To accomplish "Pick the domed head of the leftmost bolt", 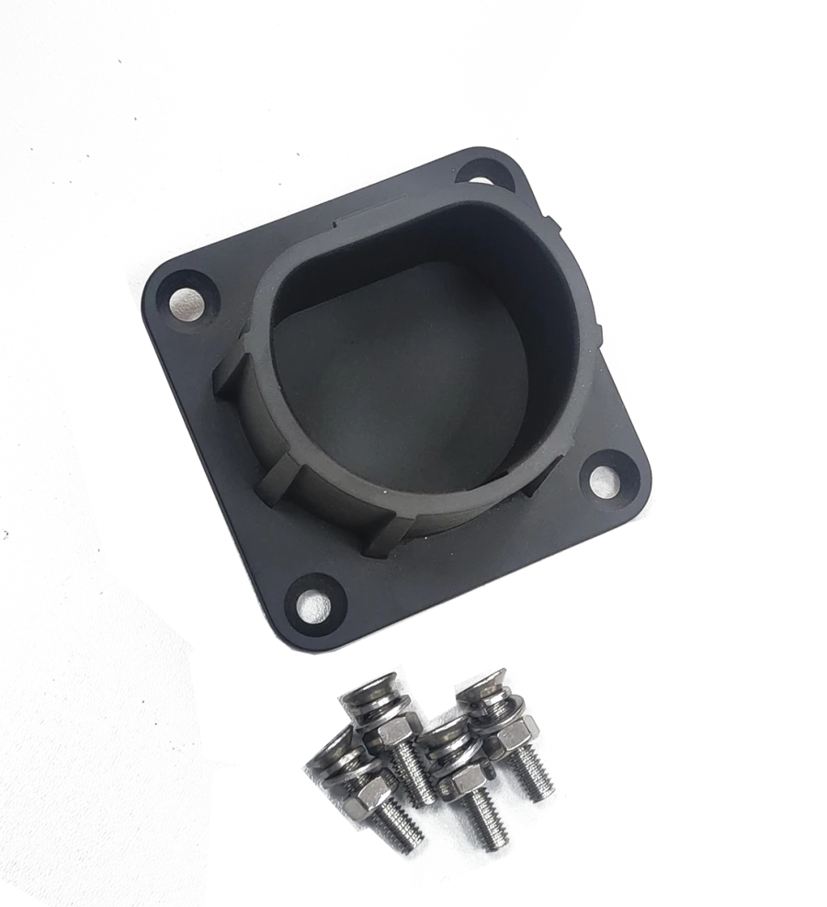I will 329,752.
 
